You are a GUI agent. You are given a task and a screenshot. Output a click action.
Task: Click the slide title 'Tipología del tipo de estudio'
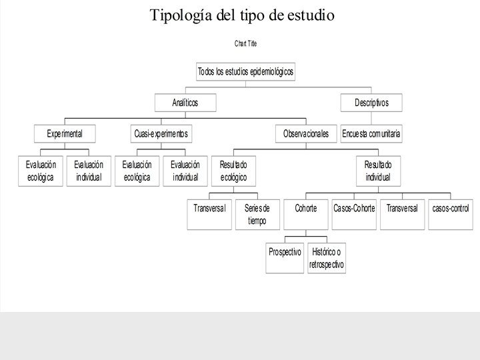pos(241,14)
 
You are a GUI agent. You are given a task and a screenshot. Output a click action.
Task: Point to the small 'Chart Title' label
pos(245,43)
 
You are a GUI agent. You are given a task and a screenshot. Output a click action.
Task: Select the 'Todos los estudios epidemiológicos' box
pos(245,71)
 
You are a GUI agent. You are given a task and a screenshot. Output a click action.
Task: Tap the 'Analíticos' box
pos(185,103)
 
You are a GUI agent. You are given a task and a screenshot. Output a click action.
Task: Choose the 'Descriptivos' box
pos(371,103)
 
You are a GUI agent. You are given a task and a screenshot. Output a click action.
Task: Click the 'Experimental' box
pos(64,134)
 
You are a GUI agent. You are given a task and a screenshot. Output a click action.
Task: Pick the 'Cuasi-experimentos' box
pos(161,134)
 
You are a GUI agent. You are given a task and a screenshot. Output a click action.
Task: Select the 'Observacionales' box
pos(306,134)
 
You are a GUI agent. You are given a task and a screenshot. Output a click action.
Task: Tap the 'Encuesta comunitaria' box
pos(371,134)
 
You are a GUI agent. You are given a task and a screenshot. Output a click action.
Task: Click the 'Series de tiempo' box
pos(257,215)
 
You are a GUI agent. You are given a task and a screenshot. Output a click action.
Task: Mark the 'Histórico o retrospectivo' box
pos(327,258)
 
